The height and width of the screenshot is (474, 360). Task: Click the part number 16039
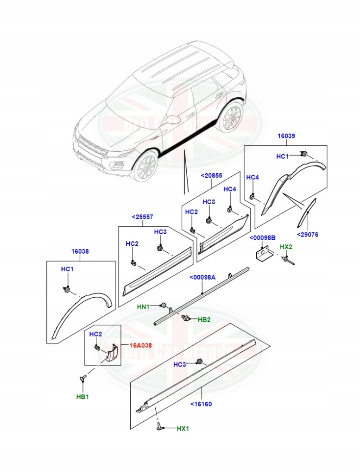coord(286,136)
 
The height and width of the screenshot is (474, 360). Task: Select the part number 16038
coord(80,252)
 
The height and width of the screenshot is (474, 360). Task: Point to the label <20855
coord(211,176)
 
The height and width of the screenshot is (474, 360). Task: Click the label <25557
coord(142,217)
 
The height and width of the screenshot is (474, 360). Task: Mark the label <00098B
coord(263,237)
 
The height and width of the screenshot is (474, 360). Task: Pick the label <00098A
coord(202,277)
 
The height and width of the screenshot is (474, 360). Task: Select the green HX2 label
coord(286,247)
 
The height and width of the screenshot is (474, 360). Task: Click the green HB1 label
coord(82,397)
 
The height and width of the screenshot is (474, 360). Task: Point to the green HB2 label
coord(204,319)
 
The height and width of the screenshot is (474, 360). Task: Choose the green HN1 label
coord(143,306)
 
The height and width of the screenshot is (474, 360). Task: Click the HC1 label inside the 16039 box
coord(282,156)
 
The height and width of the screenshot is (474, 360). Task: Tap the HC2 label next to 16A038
coord(95,334)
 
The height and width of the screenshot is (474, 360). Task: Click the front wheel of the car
coord(145,167)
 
